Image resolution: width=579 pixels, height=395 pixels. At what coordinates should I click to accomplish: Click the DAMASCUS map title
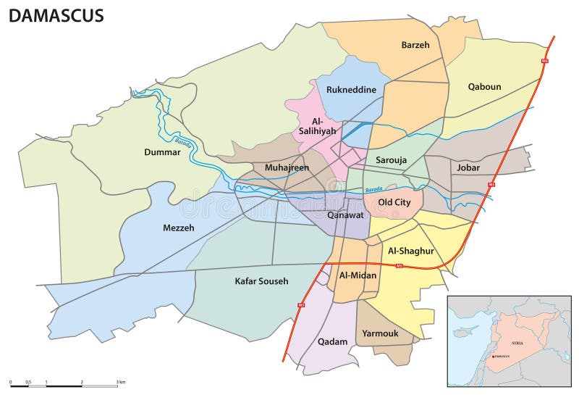point(56,15)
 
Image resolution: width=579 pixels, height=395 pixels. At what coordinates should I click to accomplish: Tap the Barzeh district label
point(415,45)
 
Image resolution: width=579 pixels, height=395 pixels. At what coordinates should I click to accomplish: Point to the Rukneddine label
point(351,90)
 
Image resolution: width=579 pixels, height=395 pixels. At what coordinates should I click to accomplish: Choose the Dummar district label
point(161,153)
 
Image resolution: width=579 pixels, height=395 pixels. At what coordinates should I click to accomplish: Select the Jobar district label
point(468,167)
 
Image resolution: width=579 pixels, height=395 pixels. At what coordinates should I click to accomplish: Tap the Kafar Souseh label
point(261,280)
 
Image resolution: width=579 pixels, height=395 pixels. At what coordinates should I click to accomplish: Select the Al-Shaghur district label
point(410,251)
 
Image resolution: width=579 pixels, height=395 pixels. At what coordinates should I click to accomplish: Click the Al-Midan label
point(355,275)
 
